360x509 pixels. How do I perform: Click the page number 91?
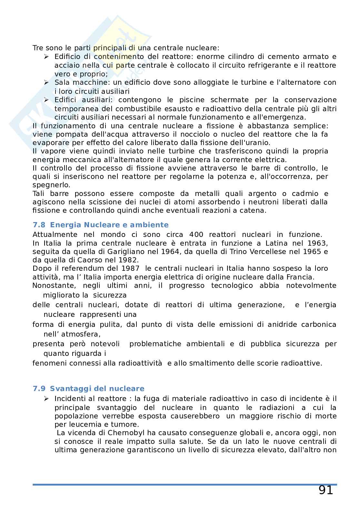click(x=326, y=490)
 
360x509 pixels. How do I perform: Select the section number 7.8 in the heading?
click(x=39, y=225)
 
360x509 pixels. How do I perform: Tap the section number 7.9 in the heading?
click(x=39, y=389)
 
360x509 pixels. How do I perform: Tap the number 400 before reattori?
click(x=196, y=235)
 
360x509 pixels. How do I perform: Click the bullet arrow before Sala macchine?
click(x=46, y=83)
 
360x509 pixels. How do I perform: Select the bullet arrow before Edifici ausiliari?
click(x=46, y=100)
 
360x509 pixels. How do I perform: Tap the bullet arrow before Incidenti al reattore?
click(x=46, y=399)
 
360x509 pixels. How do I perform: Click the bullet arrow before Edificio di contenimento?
click(x=46, y=57)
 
